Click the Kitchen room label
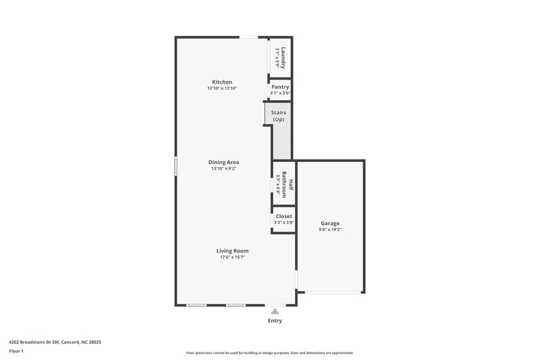222,82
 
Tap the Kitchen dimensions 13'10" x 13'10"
222,88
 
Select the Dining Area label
223,162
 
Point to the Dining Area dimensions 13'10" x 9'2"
223,169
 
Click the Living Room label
232,251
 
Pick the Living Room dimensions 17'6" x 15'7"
232,257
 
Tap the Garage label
330,223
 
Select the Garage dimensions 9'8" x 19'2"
330,230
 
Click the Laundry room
281,58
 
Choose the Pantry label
280,87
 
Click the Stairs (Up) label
278,115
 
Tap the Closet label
283,216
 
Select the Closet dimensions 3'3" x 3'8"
283,222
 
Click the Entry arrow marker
275,311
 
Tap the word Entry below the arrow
275,321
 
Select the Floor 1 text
16,351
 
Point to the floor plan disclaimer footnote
269,353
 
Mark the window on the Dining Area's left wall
176,165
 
